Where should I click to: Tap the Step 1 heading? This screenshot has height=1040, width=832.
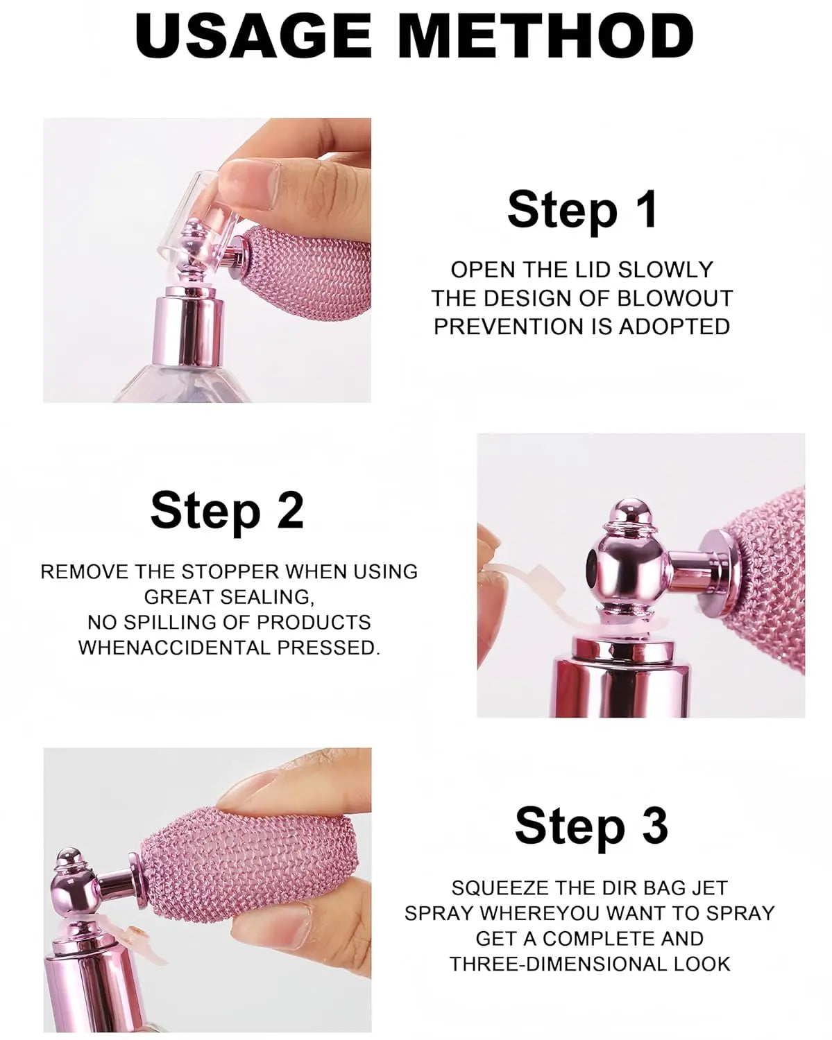pyautogui.click(x=582, y=209)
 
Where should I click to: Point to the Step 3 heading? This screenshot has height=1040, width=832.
pyautogui.click(x=591, y=825)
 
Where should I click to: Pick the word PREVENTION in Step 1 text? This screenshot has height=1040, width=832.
pyautogui.click(x=509, y=327)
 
